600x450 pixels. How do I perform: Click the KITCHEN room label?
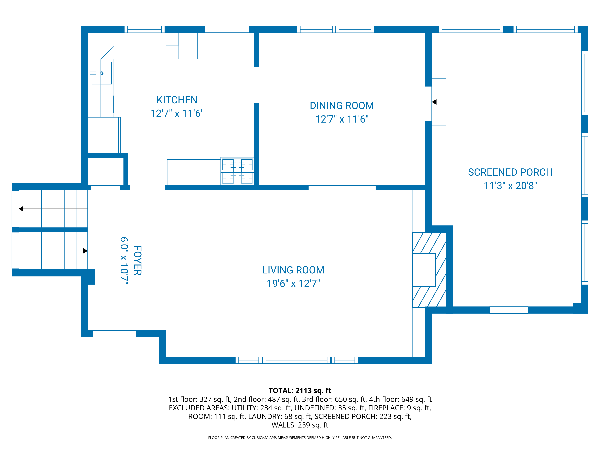coord(177,100)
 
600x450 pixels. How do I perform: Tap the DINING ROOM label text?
coord(342,106)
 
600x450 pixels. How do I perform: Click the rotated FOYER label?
coord(138,261)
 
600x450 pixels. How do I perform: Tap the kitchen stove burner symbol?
coord(237,165)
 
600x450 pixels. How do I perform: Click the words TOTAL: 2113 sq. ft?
coord(300,391)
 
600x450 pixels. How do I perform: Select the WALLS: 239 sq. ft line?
coord(300,425)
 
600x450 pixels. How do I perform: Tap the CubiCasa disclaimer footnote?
coord(300,438)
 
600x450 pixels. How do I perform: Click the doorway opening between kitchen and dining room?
coord(256,85)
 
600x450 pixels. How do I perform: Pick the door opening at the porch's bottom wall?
coord(509,310)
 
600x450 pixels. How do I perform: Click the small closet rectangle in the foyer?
coord(156,309)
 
